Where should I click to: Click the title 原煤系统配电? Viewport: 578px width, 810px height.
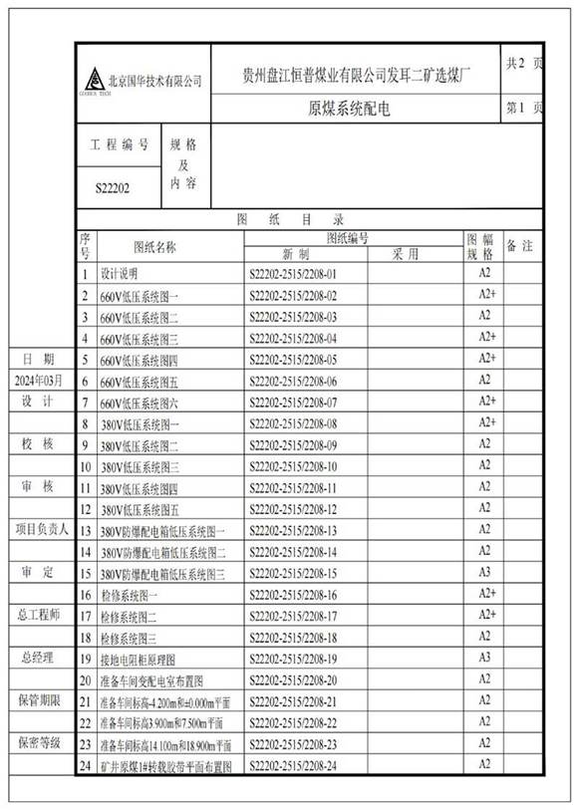[349, 109]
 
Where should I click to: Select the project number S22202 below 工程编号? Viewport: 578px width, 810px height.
[112, 186]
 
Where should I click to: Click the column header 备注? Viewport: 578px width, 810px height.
[522, 245]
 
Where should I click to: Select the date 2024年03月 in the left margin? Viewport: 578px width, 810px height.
[38, 380]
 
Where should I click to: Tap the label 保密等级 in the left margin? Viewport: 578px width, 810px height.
[38, 743]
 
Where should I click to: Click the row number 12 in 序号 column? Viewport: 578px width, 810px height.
[86, 509]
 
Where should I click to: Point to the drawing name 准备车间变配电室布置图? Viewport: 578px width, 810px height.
[150, 680]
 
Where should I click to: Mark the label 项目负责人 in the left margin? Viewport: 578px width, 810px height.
[38, 529]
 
